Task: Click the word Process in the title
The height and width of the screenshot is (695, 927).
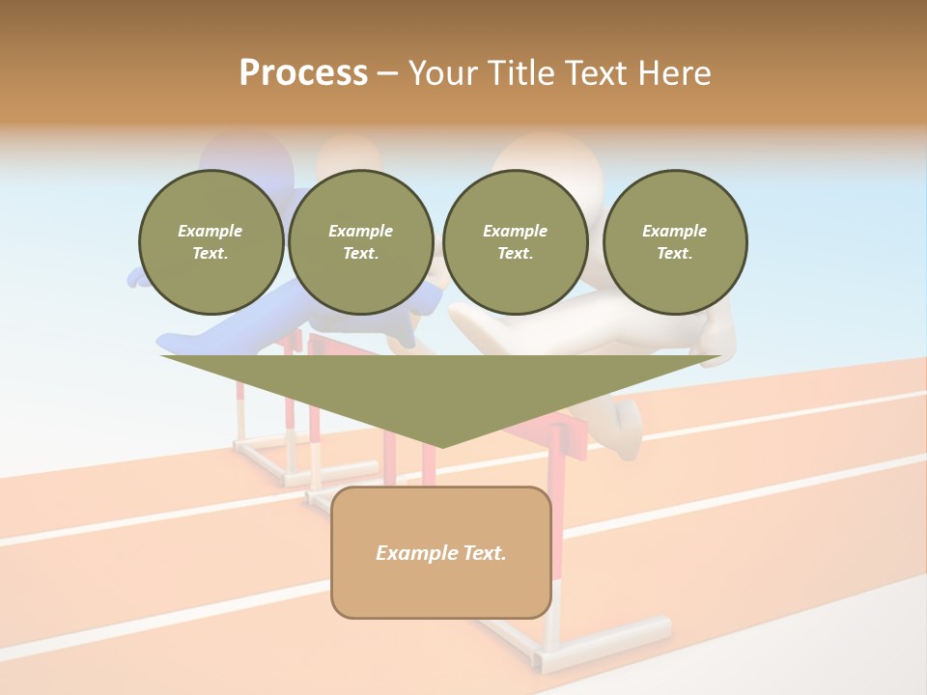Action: pos(303,73)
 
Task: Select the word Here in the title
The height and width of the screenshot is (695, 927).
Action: pos(673,73)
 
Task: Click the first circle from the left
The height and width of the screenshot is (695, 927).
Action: pos(211,241)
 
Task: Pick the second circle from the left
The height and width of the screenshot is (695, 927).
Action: pos(360,241)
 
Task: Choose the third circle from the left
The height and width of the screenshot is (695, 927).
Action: pos(515,241)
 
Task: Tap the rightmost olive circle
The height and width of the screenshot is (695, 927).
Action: pos(675,241)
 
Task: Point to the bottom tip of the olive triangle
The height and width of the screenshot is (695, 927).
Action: pos(442,445)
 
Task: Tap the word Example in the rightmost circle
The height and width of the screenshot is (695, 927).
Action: pos(674,231)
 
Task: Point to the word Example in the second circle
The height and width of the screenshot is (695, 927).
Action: pos(360,231)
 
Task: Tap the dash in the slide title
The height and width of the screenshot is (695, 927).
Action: pos(388,73)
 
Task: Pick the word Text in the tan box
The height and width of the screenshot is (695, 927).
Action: pos(484,553)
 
